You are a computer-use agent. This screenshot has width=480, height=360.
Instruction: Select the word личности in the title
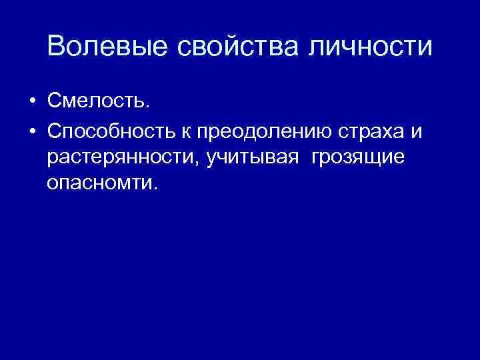[x=374, y=47]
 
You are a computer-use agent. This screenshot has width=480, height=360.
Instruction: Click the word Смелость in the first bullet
[x=97, y=102]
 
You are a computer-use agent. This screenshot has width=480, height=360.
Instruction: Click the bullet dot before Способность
[x=31, y=132]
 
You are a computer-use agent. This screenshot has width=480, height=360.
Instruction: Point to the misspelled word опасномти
[x=99, y=183]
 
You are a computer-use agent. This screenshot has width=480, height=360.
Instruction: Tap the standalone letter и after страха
[x=417, y=132]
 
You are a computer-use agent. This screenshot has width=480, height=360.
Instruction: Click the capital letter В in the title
[x=57, y=47]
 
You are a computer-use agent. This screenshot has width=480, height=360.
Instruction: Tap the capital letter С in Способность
[x=55, y=131]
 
